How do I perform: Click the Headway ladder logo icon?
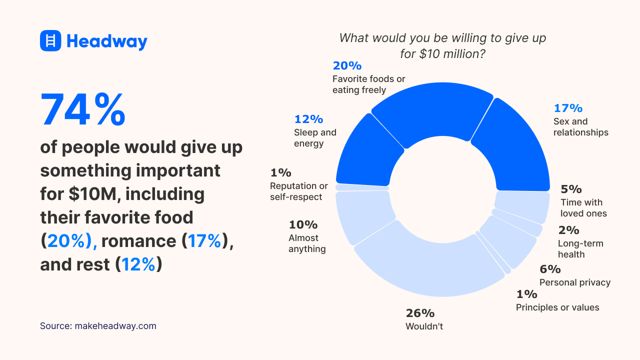click(x=50, y=40)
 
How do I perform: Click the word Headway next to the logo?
click(x=106, y=41)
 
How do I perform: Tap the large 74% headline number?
click(x=82, y=110)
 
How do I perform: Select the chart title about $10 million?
click(x=442, y=45)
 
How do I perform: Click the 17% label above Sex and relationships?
click(x=568, y=108)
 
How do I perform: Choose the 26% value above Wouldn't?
click(x=420, y=313)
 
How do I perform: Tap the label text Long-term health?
click(x=580, y=249)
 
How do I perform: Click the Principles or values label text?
click(x=557, y=307)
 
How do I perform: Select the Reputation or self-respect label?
click(x=299, y=191)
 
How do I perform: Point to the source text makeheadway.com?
click(x=98, y=326)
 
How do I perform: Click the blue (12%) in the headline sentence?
click(x=138, y=264)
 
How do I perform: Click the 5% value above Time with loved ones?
click(x=571, y=189)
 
